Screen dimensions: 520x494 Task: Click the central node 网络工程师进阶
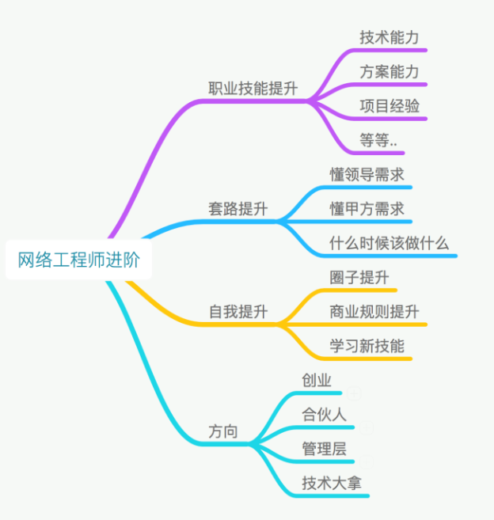click(78, 260)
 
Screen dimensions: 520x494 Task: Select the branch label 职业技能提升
click(253, 88)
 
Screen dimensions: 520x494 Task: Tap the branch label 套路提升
click(237, 210)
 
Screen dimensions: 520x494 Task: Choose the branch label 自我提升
click(237, 312)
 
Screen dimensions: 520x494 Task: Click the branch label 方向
click(222, 432)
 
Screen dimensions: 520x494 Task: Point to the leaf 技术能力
click(389, 37)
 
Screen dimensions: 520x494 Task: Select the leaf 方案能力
click(389, 72)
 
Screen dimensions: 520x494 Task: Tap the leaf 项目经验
click(389, 106)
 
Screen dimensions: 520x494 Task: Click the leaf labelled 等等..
click(378, 141)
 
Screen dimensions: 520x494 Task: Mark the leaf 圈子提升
click(359, 278)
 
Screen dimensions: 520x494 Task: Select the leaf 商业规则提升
click(374, 312)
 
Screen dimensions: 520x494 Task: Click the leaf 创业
click(316, 380)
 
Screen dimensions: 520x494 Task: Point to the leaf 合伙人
click(324, 414)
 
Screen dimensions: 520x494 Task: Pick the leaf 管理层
click(324, 449)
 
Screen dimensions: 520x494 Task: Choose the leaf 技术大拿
click(331, 483)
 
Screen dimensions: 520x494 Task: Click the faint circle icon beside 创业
click(354, 393)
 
